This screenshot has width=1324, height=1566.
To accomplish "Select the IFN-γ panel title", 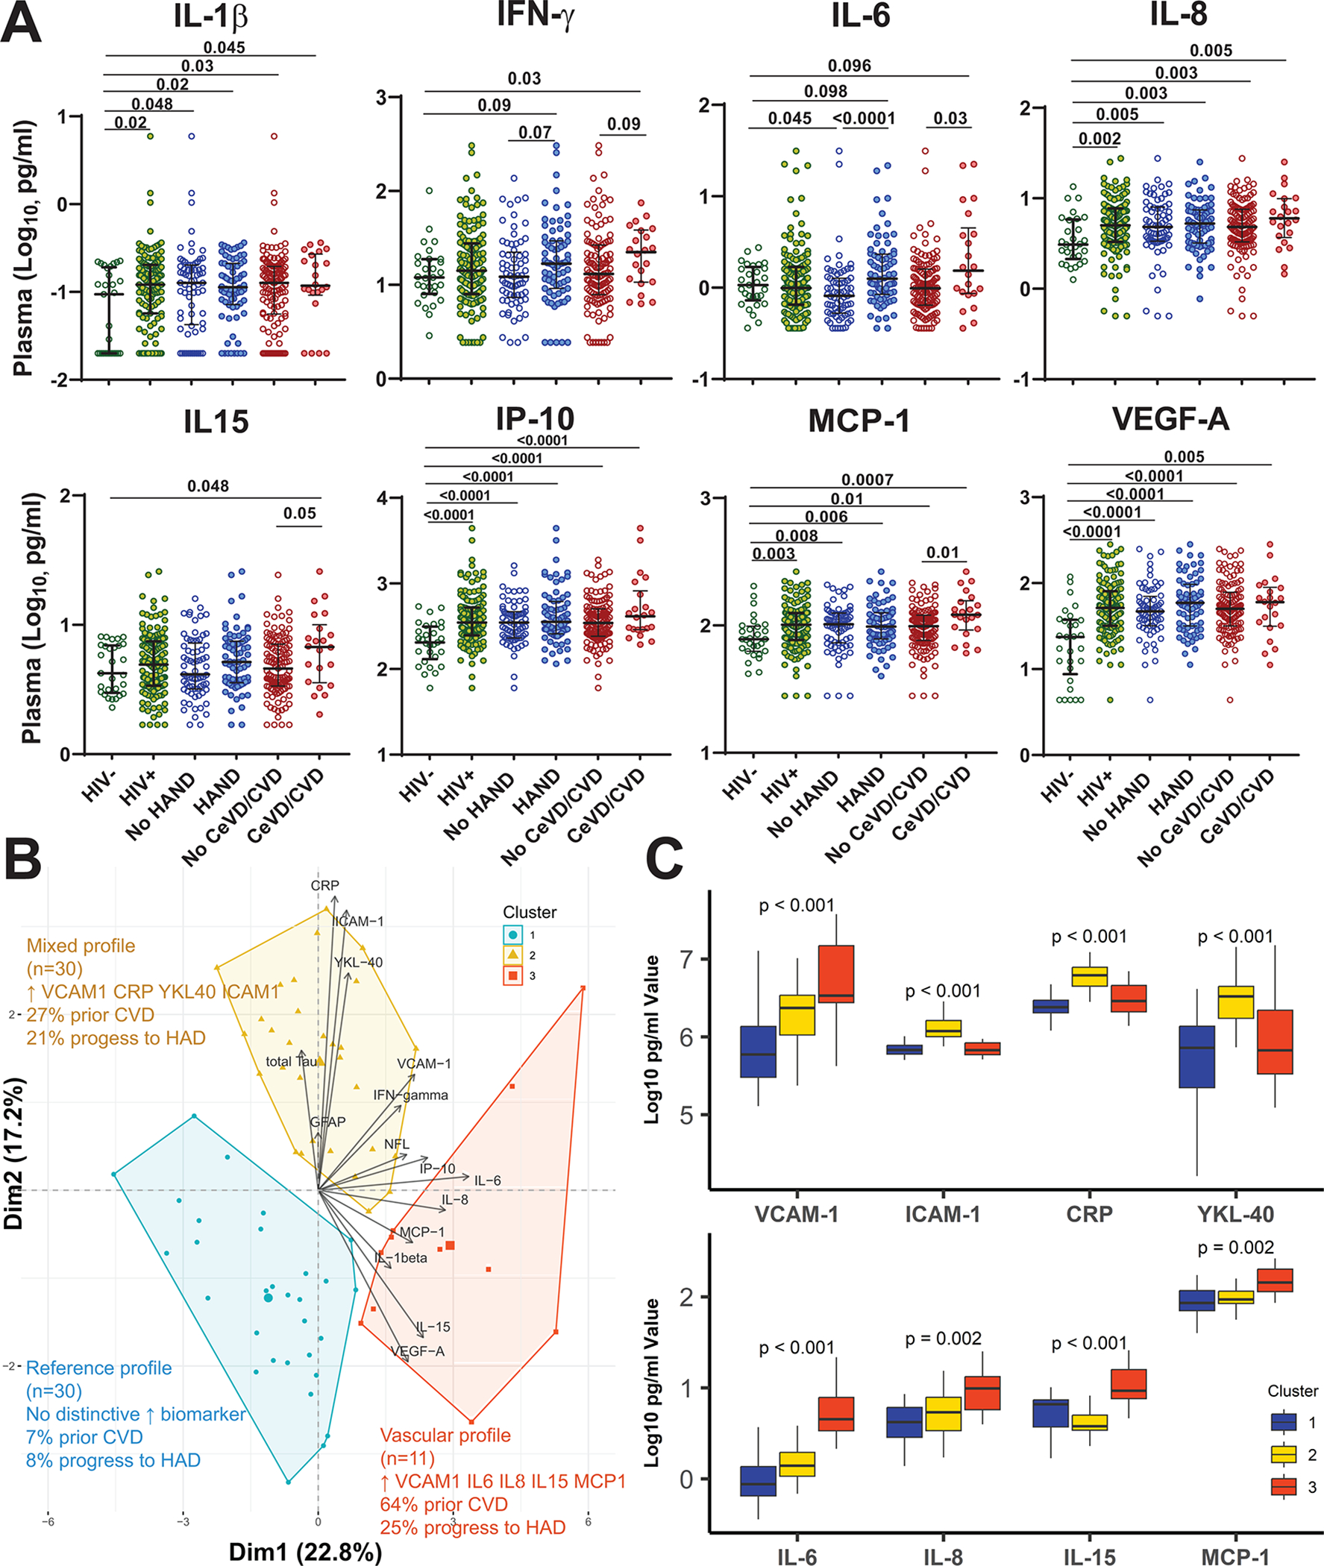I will click(x=535, y=15).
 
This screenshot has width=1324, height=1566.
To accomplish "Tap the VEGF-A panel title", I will click(x=1170, y=418).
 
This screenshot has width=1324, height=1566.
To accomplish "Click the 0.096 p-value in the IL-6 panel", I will click(x=849, y=66).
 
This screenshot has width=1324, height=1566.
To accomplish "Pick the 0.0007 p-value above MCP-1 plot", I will click(x=867, y=479).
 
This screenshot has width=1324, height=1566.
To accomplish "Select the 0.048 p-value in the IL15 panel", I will click(x=208, y=486).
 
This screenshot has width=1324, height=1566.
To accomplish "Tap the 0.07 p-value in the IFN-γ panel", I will click(x=534, y=133).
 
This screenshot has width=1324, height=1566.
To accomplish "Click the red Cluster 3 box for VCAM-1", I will click(x=835, y=973).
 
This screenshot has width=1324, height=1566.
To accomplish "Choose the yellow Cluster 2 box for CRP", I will click(x=1089, y=975).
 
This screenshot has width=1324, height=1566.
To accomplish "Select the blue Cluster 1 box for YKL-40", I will click(x=1196, y=1057).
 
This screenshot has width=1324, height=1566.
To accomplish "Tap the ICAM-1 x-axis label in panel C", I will click(x=943, y=1213).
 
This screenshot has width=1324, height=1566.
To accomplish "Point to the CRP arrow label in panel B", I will click(x=325, y=885).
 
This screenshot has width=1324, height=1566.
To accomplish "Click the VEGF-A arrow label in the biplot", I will click(x=418, y=1351).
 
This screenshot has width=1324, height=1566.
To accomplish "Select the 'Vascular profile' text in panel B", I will click(x=445, y=1435).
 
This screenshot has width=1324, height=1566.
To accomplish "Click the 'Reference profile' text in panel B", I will click(x=99, y=1368).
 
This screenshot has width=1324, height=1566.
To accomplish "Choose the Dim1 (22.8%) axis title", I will click(x=305, y=1552).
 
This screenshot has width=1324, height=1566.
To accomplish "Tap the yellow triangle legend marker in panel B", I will click(x=512, y=955).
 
